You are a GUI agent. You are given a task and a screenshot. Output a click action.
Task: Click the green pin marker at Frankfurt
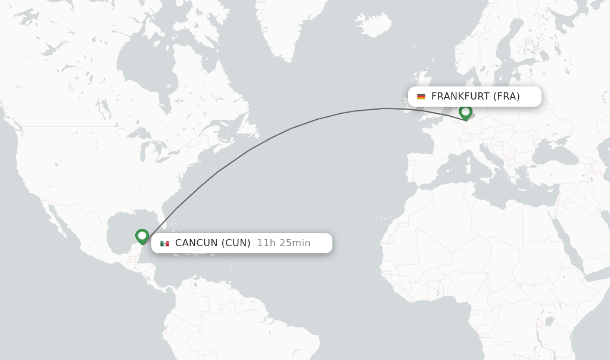465,111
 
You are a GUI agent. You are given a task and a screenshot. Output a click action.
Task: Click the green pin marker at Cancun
142,236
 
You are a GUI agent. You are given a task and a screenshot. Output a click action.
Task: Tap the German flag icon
421,97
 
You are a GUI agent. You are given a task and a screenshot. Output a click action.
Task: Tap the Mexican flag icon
164,243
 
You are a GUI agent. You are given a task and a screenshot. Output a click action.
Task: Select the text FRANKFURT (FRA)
475,97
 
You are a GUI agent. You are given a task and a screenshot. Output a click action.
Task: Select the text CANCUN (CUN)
213,243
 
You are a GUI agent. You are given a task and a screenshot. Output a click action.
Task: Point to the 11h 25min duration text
284,243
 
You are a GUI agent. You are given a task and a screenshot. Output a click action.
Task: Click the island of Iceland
374,24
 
